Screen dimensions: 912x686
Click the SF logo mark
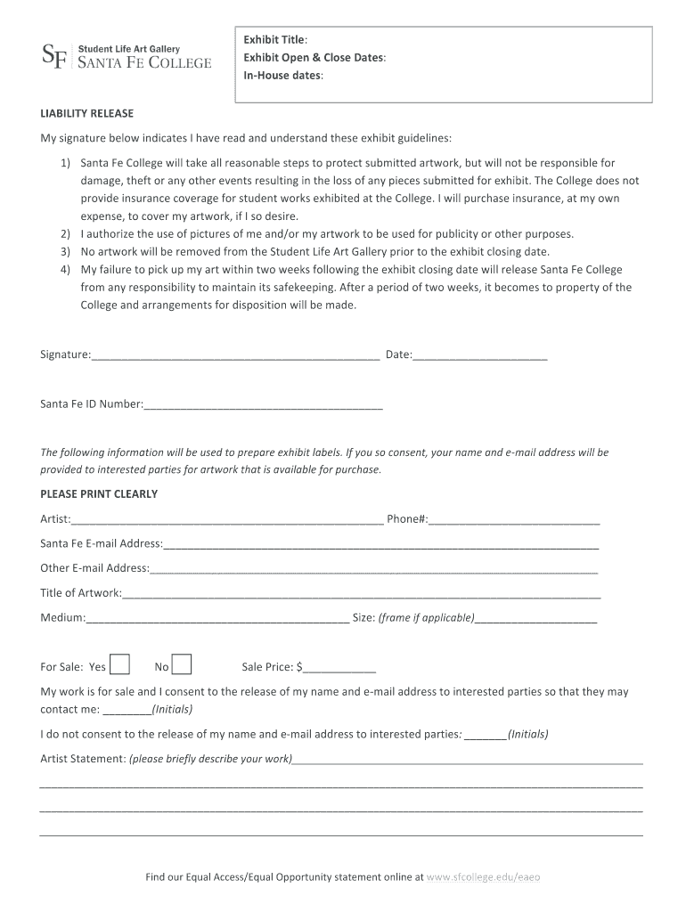[x=53, y=55]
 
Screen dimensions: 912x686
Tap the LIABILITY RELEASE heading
[x=86, y=114]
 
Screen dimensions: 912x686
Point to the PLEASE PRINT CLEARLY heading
[x=99, y=494]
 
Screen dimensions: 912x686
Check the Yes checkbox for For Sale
[x=120, y=665]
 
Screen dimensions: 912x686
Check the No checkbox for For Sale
[x=181, y=665]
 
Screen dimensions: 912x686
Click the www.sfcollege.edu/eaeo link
[x=484, y=877]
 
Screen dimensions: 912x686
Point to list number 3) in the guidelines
[x=65, y=252]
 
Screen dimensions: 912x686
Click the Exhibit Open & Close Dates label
[x=315, y=58]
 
